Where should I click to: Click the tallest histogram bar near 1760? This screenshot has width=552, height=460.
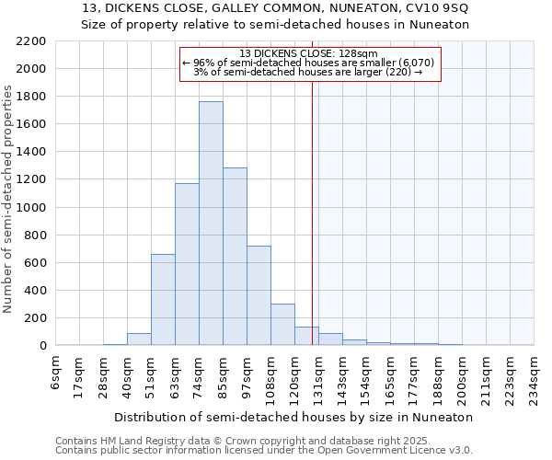[x=211, y=224]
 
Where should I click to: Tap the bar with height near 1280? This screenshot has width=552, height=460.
[x=235, y=257]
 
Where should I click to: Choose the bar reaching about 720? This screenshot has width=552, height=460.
[x=259, y=295]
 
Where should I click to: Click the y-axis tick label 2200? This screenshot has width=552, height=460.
[x=31, y=41]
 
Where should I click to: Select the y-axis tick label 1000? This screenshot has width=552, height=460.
[x=31, y=208]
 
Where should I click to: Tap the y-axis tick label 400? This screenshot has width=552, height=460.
[x=35, y=291]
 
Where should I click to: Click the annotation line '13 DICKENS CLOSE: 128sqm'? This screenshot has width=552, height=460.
[x=308, y=53]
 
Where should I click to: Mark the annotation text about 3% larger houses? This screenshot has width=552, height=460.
[x=308, y=72]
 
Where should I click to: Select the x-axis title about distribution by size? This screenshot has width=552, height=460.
[x=295, y=417]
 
